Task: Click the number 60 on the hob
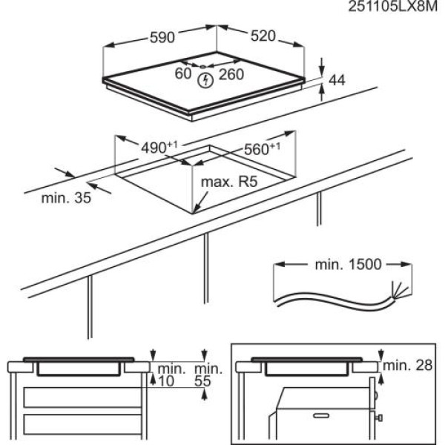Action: pos(183,73)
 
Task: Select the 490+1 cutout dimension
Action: pos(159,146)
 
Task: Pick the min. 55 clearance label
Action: pos(208,375)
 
